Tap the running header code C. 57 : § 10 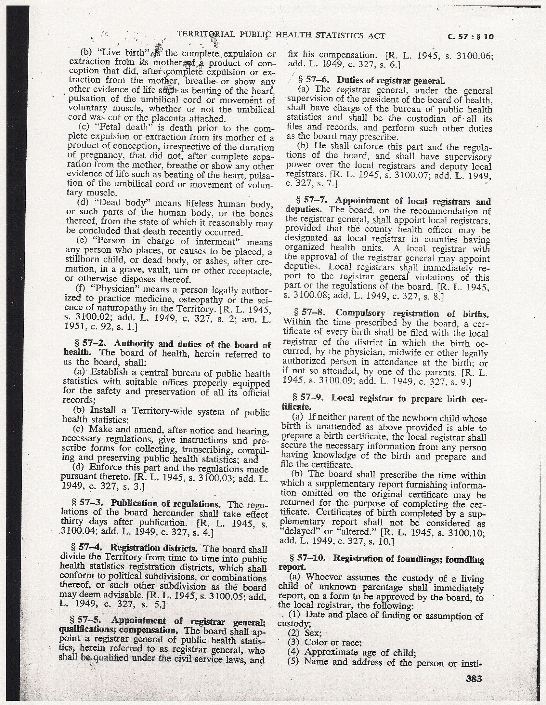470,37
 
